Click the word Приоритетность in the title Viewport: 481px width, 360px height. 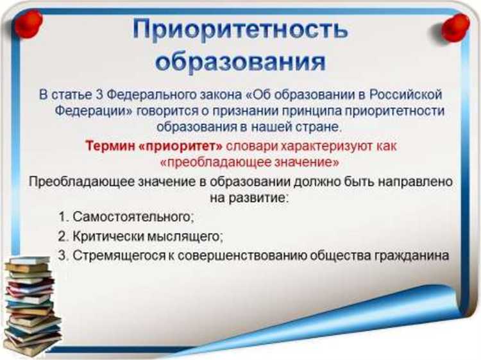(x=240, y=31)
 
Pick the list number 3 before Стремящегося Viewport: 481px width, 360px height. (x=62, y=255)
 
